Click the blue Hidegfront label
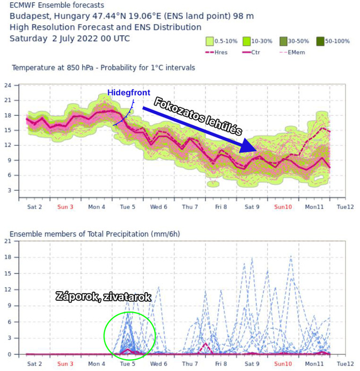pos(128,93)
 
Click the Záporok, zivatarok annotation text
pos(104,296)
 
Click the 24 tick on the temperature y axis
pos(8,86)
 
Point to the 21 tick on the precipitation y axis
pos(8,241)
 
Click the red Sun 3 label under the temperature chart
pos(65,206)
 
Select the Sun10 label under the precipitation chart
pos(283,363)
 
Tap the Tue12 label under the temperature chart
pos(344,206)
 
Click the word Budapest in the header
pos(29,16)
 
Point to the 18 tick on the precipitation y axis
pos(8,257)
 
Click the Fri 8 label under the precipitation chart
pos(221,363)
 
